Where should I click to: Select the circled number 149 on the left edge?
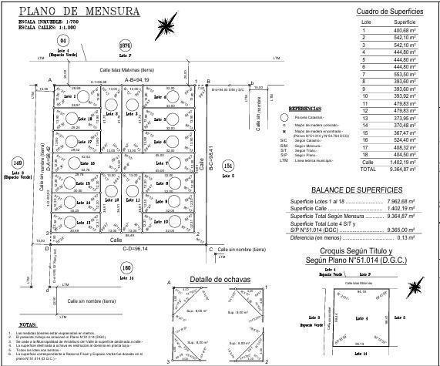coord(17,163)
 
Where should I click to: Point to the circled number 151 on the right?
coord(227,166)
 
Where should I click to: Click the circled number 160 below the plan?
coord(126,267)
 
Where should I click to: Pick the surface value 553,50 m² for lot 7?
coord(405,74)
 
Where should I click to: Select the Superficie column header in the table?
coord(405,22)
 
